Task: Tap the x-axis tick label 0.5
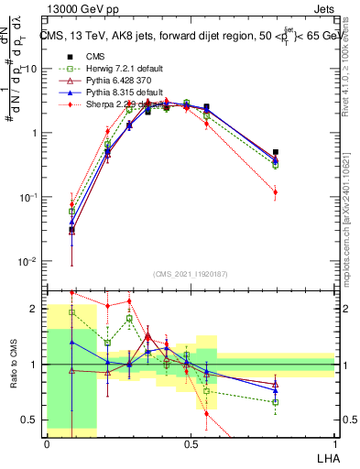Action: (x=191, y=442)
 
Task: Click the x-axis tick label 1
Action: (x=334, y=442)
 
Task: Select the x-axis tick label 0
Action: (x=47, y=442)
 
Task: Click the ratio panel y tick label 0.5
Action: (x=33, y=420)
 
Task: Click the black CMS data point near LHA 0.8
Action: (x=276, y=152)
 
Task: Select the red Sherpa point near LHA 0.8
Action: (x=276, y=192)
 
